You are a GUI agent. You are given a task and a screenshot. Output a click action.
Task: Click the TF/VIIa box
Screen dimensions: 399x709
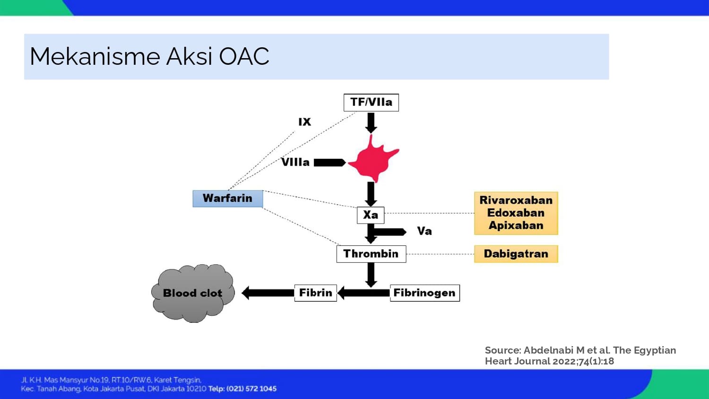point(371,103)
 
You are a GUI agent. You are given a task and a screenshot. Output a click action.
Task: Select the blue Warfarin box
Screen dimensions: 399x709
point(227,199)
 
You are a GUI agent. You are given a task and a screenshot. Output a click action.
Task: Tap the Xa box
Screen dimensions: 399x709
point(371,215)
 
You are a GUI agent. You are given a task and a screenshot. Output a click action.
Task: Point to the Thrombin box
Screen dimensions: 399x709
point(371,254)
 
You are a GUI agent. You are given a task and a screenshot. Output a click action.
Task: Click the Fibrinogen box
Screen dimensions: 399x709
point(424,293)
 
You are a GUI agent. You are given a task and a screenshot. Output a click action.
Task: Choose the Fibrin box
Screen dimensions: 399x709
point(315,293)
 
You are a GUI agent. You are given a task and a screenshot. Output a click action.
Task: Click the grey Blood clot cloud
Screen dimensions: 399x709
point(193,293)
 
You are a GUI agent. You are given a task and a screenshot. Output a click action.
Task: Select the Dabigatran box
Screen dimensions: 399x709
point(516,254)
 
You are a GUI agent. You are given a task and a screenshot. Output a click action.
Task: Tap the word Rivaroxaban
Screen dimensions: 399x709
point(516,200)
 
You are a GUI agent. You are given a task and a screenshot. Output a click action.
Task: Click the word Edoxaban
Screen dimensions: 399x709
point(516,213)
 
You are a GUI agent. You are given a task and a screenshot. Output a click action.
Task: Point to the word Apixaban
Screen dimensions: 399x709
point(516,226)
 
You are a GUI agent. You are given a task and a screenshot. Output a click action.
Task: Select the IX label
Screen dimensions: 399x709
point(304,122)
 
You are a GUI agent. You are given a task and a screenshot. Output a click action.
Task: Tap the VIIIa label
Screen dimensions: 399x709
point(295,162)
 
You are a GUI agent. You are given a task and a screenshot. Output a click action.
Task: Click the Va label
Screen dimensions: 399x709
point(424,231)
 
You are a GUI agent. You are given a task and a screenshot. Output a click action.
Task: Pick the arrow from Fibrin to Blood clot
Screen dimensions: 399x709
point(268,293)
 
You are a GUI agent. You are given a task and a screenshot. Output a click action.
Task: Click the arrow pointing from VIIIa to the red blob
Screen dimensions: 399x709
point(329,163)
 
